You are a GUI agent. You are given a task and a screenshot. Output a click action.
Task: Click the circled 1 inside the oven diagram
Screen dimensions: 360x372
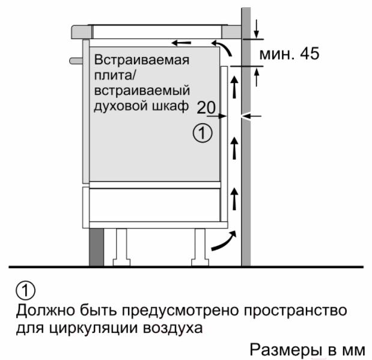[203, 133]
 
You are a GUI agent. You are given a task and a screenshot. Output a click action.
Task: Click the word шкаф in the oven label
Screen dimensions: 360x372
[171, 107]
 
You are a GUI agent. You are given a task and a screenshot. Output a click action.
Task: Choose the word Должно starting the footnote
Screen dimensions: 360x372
[42, 312]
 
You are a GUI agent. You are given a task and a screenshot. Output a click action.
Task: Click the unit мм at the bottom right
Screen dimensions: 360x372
[353, 350]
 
